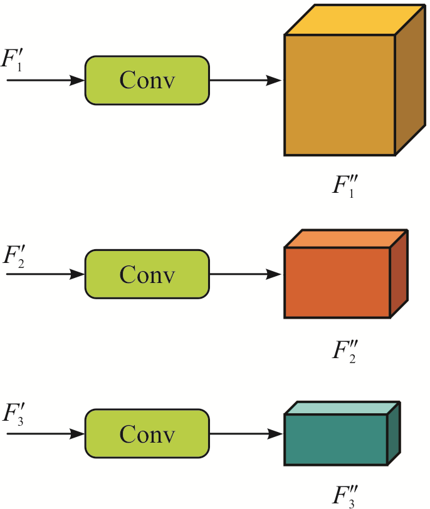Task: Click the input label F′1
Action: pyautogui.click(x=12, y=60)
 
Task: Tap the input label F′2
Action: pyautogui.click(x=14, y=257)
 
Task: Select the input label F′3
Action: pyautogui.click(x=13, y=414)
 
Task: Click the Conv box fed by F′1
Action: pyautogui.click(x=147, y=81)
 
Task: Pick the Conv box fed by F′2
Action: pyautogui.click(x=147, y=274)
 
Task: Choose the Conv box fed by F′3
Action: pyautogui.click(x=147, y=434)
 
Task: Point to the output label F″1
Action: pyautogui.click(x=345, y=187)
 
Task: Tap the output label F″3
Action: pyautogui.click(x=345, y=496)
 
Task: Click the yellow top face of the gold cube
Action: pyautogui.click(x=355, y=19)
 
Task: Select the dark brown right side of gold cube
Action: pyautogui.click(x=410, y=80)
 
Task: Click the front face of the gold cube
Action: pyautogui.click(x=340, y=95)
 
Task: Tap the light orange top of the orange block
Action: pyautogui.click(x=346, y=239)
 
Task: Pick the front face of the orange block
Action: pyautogui.click(x=337, y=283)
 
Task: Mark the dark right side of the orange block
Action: pyautogui.click(x=399, y=274)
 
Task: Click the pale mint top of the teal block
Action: pyautogui.click(x=342, y=408)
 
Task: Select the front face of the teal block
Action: pyautogui.click(x=336, y=440)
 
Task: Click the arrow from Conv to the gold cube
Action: pyautogui.click(x=245, y=80)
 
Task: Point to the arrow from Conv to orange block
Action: pyautogui.click(x=245, y=274)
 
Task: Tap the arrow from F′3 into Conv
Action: pyautogui.click(x=46, y=434)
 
